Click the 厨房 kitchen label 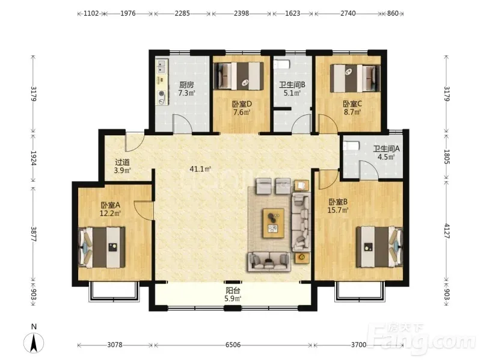click(x=186, y=85)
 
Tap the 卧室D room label click(x=242, y=104)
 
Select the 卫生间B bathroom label click(x=292, y=85)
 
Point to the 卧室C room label click(x=352, y=104)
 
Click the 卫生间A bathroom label click(x=387, y=149)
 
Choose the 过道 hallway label click(x=123, y=162)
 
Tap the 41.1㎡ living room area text click(x=201, y=169)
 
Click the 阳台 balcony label click(x=233, y=290)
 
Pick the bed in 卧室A click(x=102, y=247)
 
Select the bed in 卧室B click(x=379, y=247)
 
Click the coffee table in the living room click(x=274, y=223)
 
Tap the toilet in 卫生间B click(x=281, y=65)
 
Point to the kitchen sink click(x=161, y=67)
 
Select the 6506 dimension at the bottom click(x=233, y=345)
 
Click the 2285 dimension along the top click(x=182, y=13)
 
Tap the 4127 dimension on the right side click(x=447, y=231)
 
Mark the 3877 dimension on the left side click(x=34, y=234)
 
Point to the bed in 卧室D click(x=238, y=76)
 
